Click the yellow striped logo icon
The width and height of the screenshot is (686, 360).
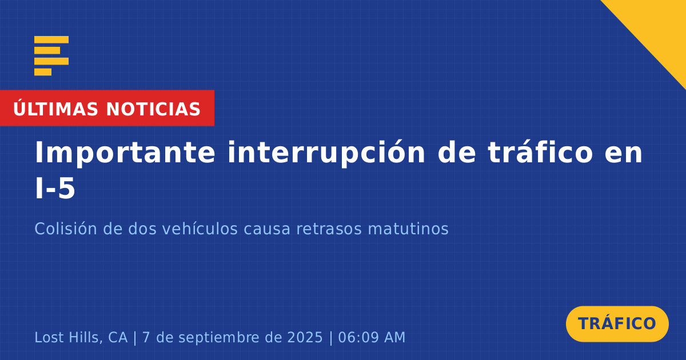pyautogui.click(x=51, y=56)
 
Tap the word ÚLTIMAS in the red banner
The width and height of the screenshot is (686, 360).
pyautogui.click(x=55, y=109)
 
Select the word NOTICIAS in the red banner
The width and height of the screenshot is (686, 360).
pyautogui.click(x=153, y=109)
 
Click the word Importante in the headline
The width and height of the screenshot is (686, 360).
pyautogui.click(x=125, y=153)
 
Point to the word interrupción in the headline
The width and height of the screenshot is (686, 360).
pyautogui.click(x=326, y=153)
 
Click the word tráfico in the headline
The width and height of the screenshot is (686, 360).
pyautogui.click(x=541, y=152)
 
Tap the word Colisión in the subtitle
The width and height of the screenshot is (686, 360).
pyautogui.click(x=66, y=229)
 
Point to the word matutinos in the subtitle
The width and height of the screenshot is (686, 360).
pyautogui.click(x=408, y=229)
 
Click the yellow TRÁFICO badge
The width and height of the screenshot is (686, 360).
pyautogui.click(x=617, y=324)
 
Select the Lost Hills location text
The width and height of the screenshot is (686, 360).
pyautogui.click(x=68, y=337)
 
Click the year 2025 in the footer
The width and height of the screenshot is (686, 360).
pyautogui.click(x=305, y=337)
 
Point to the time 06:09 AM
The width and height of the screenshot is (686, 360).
pyautogui.click(x=372, y=337)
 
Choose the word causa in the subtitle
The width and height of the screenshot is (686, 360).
pyautogui.click(x=267, y=229)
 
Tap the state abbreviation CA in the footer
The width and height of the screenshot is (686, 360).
pyautogui.click(x=118, y=337)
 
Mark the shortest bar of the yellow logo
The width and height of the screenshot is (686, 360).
pyautogui.click(x=43, y=72)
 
